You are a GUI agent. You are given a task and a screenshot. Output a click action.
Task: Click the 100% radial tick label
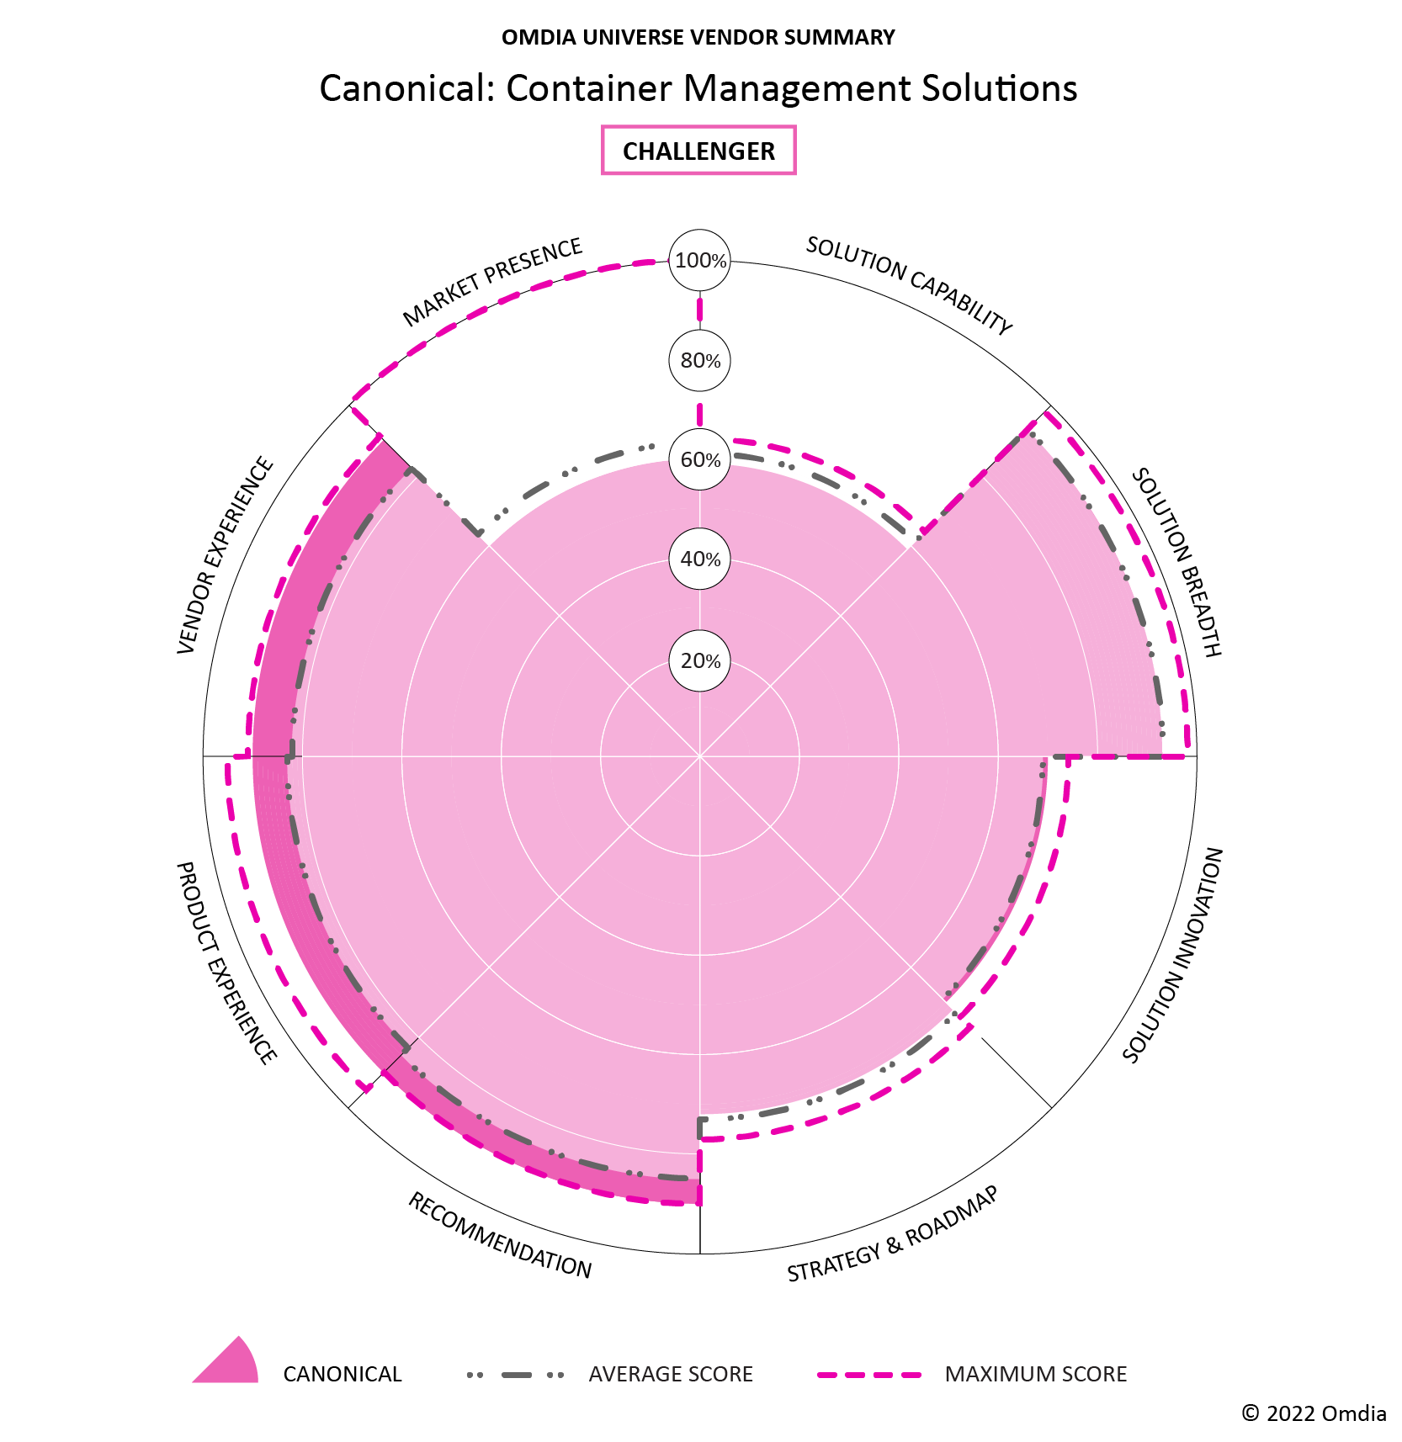(x=700, y=261)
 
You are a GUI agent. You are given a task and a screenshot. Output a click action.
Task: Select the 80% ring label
(x=700, y=361)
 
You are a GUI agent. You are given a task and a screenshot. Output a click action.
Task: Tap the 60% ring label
(x=700, y=460)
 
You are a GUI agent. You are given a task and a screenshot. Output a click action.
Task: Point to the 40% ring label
(x=700, y=559)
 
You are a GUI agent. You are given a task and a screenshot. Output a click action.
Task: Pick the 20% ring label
(x=700, y=661)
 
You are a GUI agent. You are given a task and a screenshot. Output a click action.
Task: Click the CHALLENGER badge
(x=698, y=151)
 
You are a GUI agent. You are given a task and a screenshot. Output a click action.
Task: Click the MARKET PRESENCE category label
(x=493, y=282)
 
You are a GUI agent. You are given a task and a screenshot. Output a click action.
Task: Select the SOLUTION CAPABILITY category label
(x=909, y=285)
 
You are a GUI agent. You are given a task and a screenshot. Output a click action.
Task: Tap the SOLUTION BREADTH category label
(x=1176, y=562)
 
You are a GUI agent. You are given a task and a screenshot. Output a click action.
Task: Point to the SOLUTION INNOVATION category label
(x=1173, y=955)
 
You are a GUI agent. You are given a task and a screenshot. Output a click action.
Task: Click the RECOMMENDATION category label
(x=500, y=1235)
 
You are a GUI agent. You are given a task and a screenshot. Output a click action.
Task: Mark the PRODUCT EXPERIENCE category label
(x=226, y=962)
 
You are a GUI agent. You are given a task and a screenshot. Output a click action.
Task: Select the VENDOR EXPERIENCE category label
(x=226, y=555)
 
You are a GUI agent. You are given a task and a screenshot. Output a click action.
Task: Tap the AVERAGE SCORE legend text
(x=671, y=1374)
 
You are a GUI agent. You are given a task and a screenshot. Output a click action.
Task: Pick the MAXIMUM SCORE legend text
(x=1035, y=1374)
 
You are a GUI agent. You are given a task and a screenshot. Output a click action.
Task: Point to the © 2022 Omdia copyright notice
(x=1314, y=1413)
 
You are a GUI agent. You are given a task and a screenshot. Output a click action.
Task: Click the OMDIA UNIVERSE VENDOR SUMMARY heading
(x=698, y=38)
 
